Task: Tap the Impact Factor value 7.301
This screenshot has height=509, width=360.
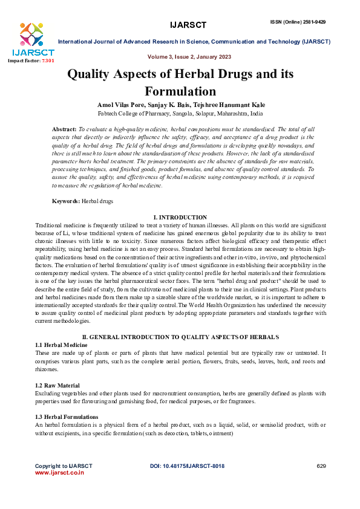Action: (47, 61)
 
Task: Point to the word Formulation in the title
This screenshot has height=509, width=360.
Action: (180, 92)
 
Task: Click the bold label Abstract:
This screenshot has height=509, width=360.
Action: (64, 129)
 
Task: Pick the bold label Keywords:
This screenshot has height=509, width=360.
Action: (66, 200)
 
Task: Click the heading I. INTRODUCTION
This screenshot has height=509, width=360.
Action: (180, 217)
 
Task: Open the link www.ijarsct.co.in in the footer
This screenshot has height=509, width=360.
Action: (59, 473)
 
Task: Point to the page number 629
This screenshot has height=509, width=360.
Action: (321, 466)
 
